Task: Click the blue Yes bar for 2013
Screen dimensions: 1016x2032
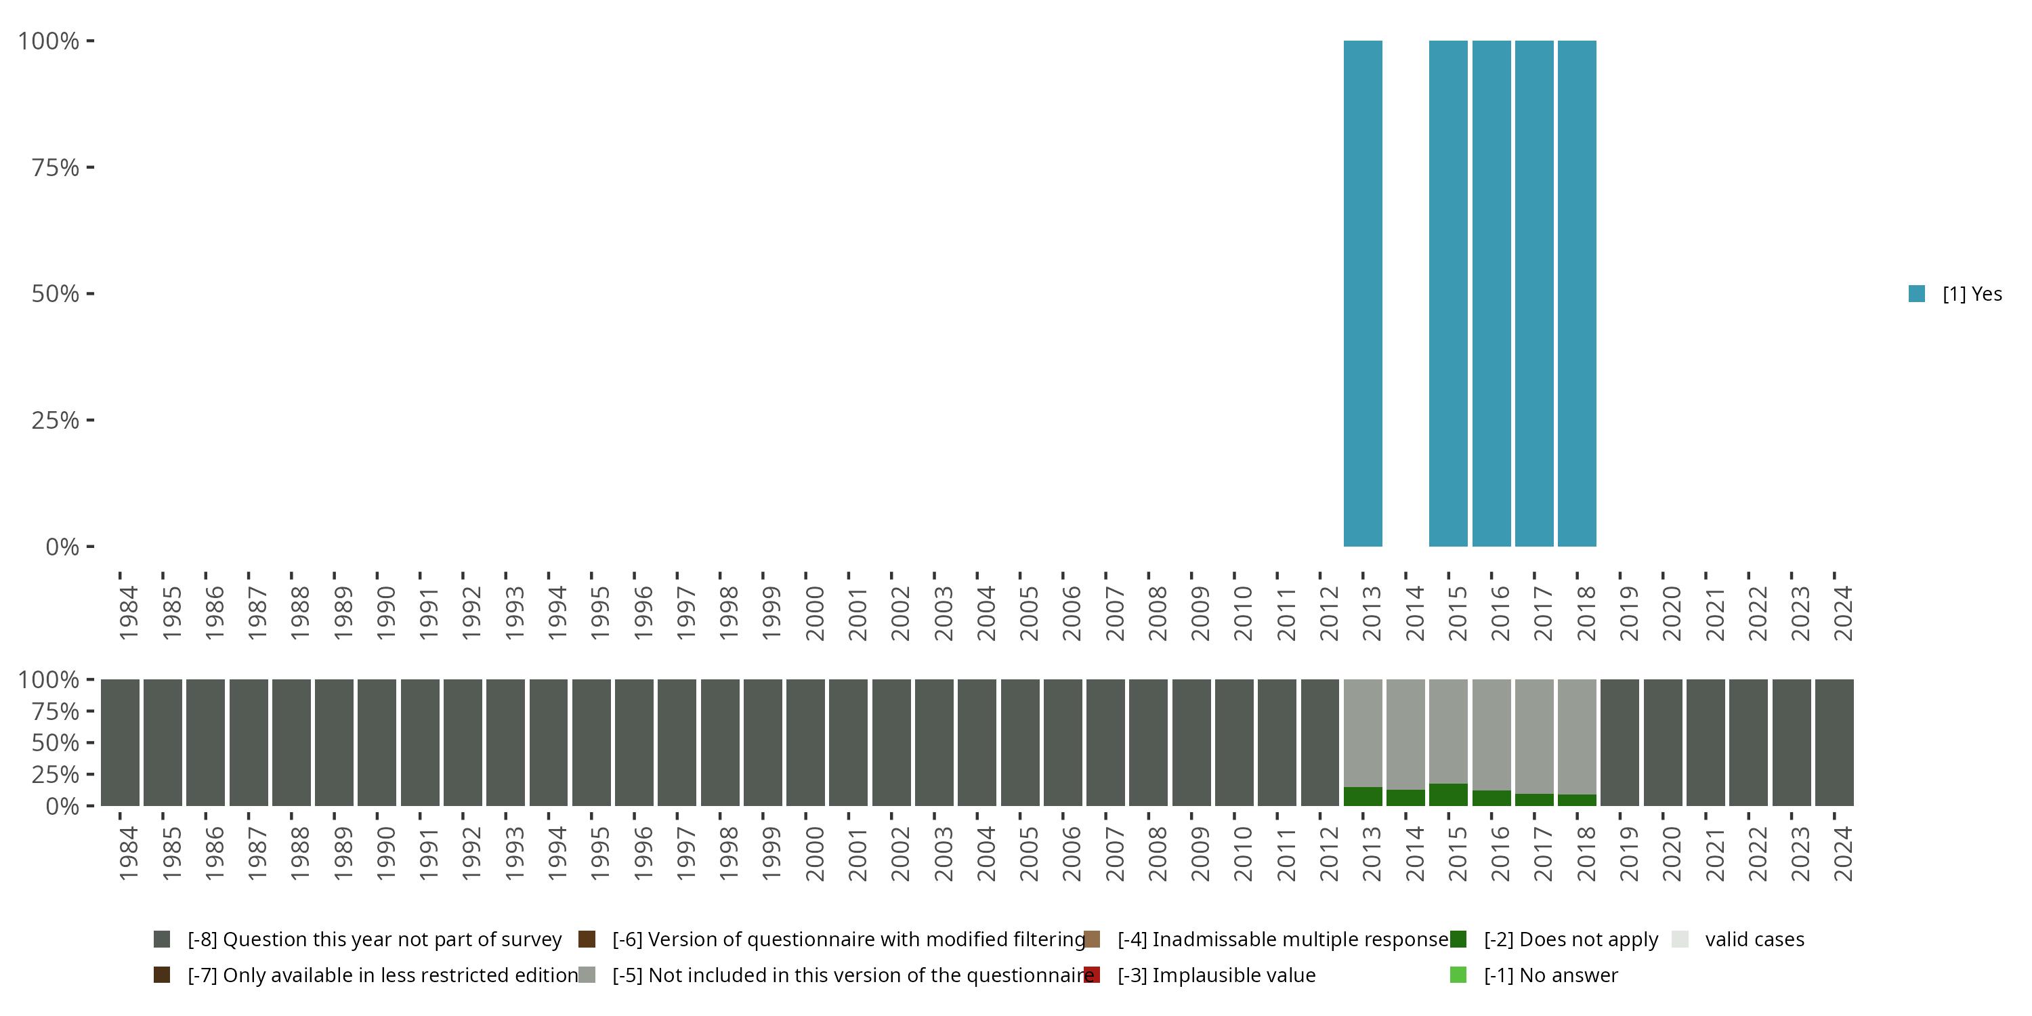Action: pos(1362,293)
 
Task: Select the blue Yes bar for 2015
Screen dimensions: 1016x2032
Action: pos(1448,293)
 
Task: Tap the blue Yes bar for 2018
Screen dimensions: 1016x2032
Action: pos(1577,293)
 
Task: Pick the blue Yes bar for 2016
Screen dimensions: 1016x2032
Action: pos(1491,293)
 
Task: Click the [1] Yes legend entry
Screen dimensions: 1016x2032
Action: pos(1955,294)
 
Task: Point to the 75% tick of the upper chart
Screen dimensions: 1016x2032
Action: pos(56,167)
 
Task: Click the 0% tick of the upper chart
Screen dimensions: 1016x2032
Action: pos(62,546)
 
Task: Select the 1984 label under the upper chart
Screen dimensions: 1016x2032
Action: pos(129,613)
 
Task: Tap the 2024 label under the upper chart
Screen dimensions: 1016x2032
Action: pos(1842,613)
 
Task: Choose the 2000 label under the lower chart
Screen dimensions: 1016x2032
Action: pos(814,853)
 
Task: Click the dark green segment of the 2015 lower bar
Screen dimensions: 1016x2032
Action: pos(1448,795)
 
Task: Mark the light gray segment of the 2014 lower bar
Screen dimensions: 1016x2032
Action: pos(1405,734)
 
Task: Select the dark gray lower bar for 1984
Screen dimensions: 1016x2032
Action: pos(120,742)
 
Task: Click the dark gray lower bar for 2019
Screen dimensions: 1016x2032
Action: pos(1620,742)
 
